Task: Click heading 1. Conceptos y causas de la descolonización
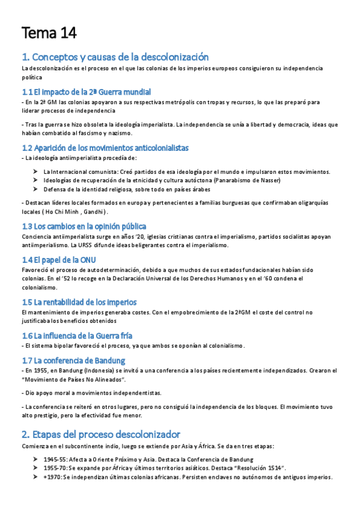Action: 115,57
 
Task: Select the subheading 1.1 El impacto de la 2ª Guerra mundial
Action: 86,91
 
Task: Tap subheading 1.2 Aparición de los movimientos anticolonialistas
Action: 105,147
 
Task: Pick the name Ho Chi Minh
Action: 60,212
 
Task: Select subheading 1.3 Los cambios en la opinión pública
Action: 84,226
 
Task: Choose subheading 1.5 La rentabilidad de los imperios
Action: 79,302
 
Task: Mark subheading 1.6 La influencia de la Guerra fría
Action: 77,335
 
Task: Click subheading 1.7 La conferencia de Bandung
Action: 73,360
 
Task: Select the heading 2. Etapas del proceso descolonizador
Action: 100,434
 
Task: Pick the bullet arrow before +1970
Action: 36,477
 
